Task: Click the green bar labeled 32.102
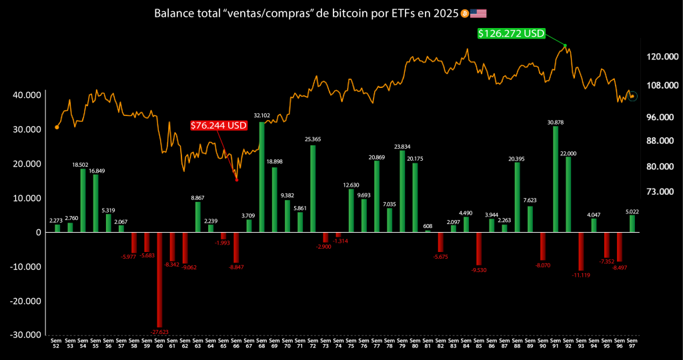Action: (x=261, y=177)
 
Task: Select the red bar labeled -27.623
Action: (x=159, y=279)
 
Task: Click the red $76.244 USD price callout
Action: (x=218, y=125)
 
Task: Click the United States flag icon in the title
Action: (x=478, y=13)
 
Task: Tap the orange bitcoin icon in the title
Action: (x=464, y=13)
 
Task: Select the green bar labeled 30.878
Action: (x=556, y=179)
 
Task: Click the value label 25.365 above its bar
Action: (x=313, y=139)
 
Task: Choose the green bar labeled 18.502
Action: (x=83, y=201)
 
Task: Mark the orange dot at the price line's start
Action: (x=57, y=127)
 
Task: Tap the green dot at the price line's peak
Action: (x=565, y=45)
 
